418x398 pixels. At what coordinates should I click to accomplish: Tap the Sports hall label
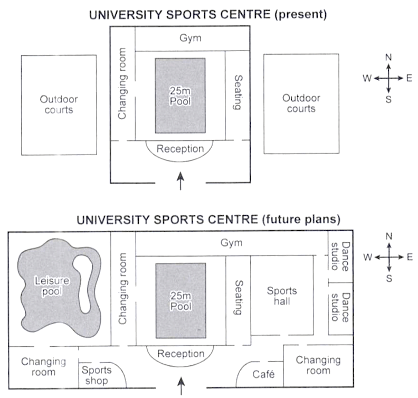tap(282, 296)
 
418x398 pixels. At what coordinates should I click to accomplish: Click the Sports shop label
tap(96, 375)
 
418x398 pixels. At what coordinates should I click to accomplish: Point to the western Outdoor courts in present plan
tap(59, 104)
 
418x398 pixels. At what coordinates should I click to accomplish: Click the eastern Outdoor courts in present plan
tap(301, 103)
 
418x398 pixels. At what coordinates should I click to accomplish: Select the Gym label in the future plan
tap(232, 243)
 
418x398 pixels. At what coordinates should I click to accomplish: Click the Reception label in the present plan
tap(180, 148)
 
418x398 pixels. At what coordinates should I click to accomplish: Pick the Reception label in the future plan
tap(181, 354)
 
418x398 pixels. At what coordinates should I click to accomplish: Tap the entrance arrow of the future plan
tap(182, 385)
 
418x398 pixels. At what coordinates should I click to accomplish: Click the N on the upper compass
tap(388, 57)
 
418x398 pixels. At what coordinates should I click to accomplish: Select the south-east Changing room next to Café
tap(318, 365)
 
